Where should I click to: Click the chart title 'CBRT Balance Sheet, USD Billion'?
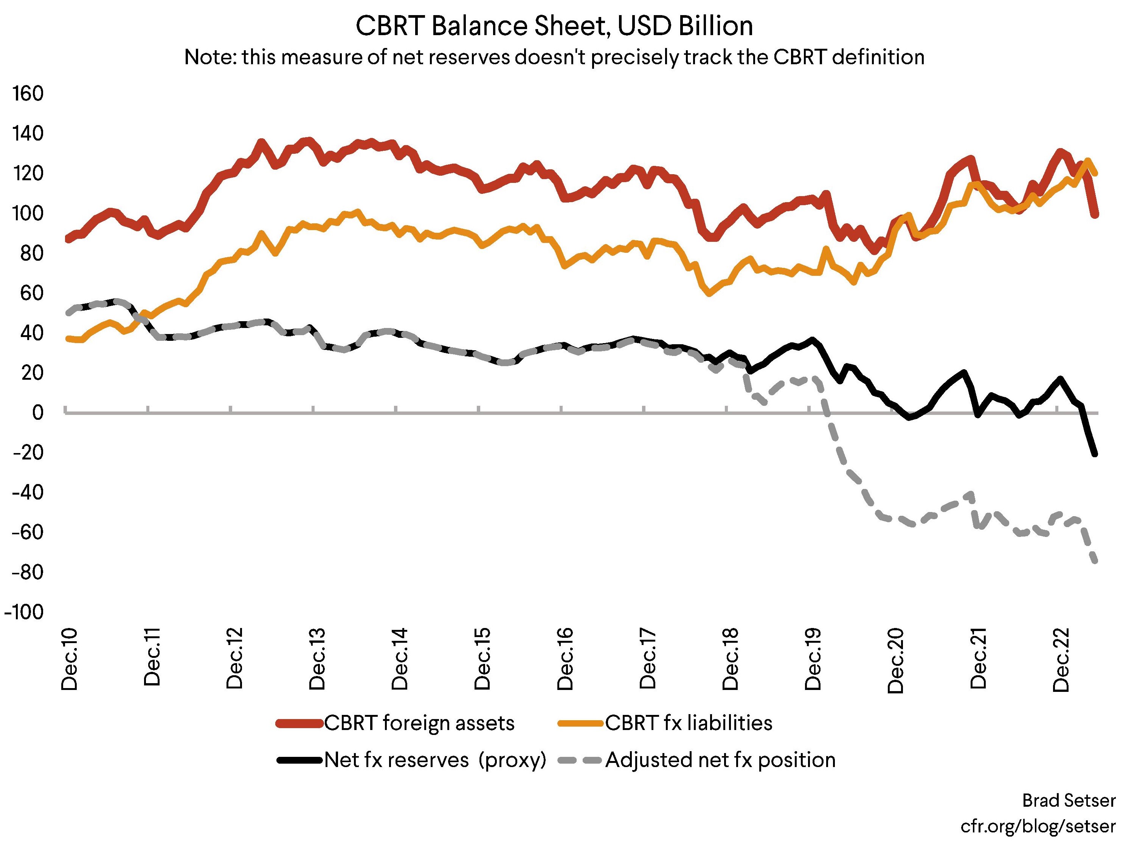554,26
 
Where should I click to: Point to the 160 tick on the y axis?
28,94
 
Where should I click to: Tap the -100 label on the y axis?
24,612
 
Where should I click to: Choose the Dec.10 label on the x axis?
69,659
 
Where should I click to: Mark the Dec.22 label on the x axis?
1061,660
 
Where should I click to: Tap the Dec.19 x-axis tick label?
813,659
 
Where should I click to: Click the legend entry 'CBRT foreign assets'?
419,723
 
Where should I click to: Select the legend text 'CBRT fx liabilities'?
689,723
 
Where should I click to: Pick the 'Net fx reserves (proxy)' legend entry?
435,760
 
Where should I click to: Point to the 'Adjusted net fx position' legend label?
720,760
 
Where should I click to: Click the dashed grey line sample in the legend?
580,760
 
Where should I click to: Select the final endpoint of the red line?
1095,215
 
